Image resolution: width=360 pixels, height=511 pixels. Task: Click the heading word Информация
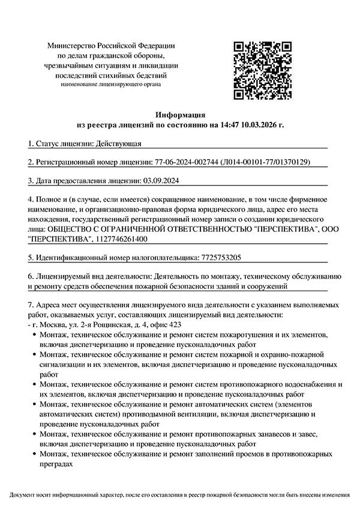pos(180,114)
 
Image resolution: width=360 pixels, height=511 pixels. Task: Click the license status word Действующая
pos(119,144)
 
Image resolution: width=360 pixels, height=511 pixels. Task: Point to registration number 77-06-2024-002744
pos(186,162)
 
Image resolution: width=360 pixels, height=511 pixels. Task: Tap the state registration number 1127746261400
pos(121,239)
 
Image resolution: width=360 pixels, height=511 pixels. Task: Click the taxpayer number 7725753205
pos(219,258)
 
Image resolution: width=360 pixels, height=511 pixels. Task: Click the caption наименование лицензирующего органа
pos(111,85)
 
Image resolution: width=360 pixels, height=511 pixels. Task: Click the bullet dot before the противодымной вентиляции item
pos(33,404)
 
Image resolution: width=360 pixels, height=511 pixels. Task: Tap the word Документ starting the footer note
pos(23,495)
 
